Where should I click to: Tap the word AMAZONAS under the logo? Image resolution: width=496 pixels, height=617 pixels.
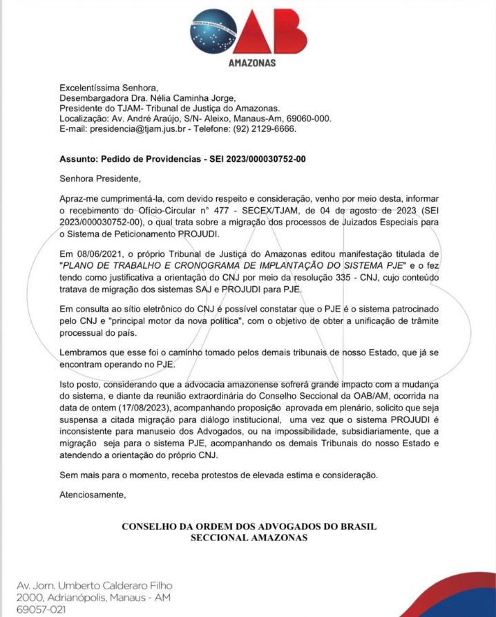(x=251, y=63)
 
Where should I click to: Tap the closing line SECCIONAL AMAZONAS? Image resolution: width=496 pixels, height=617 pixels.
(x=249, y=537)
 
